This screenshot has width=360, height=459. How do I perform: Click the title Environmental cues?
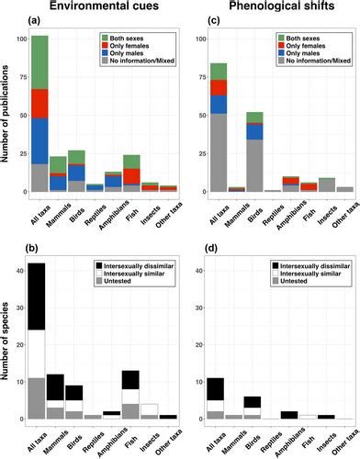point(100,8)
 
